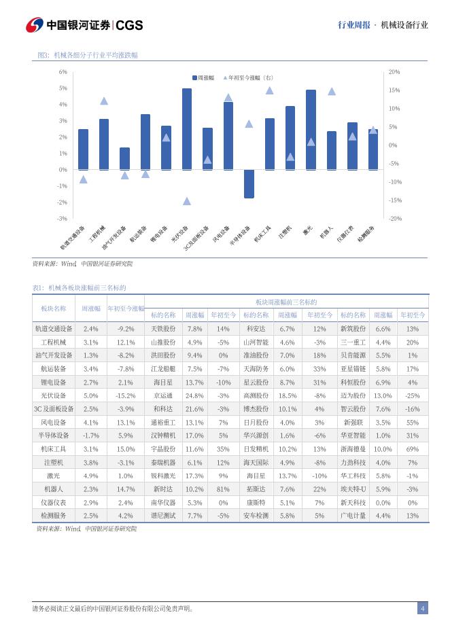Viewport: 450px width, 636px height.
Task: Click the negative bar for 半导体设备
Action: [x=249, y=183]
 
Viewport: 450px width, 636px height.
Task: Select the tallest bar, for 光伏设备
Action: [x=187, y=129]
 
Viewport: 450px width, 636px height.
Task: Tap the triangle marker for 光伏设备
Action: [x=187, y=201]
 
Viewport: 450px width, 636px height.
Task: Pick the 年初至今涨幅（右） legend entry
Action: [x=249, y=78]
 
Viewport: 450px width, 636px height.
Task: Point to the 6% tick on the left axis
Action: [x=63, y=71]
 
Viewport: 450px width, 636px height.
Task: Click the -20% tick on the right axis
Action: [x=394, y=219]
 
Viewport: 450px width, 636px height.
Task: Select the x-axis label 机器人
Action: [x=327, y=232]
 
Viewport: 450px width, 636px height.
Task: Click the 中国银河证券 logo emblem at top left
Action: [x=35, y=25]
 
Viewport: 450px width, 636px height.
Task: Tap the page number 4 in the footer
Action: [x=422, y=608]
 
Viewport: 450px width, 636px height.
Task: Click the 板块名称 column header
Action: [x=54, y=308]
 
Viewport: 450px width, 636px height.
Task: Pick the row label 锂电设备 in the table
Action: [x=54, y=383]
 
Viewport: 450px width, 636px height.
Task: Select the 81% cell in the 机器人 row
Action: [x=223, y=489]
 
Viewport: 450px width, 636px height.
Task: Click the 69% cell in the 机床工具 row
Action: [x=412, y=449]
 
